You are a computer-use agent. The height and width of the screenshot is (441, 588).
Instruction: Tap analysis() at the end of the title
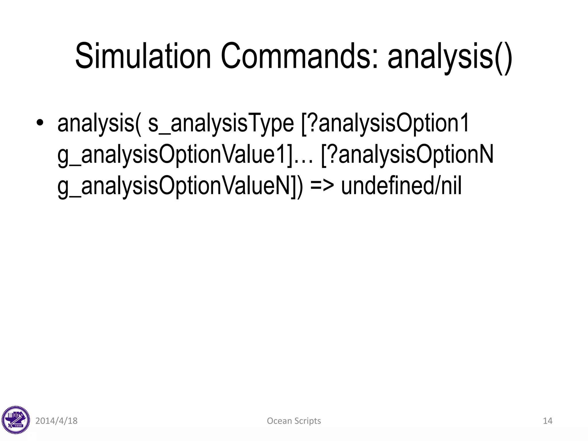450,57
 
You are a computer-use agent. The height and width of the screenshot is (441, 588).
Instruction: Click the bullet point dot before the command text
40,123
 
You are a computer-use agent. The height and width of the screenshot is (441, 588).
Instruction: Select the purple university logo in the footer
16,420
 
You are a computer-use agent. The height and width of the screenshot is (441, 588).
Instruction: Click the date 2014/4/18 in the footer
56,421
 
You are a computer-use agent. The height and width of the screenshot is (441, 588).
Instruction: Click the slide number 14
548,421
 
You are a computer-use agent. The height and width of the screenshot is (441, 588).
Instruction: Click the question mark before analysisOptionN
332,154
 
